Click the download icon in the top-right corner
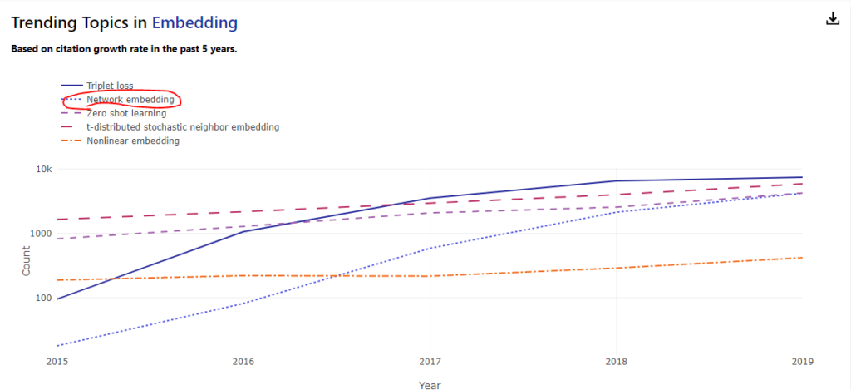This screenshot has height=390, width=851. (x=833, y=19)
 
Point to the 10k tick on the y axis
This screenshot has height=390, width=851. (x=42, y=170)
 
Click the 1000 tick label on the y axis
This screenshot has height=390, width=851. (x=40, y=234)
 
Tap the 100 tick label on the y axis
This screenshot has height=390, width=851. (x=42, y=298)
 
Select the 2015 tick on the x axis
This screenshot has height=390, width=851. (x=57, y=361)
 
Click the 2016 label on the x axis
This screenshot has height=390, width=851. (x=243, y=361)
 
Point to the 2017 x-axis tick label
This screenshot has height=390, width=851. (x=430, y=361)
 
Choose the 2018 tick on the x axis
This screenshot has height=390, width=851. (x=616, y=361)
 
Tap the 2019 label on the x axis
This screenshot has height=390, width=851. (x=802, y=361)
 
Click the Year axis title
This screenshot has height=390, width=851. (x=430, y=384)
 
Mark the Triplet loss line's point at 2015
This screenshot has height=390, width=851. (x=57, y=299)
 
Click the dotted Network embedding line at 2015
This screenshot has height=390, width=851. (x=57, y=345)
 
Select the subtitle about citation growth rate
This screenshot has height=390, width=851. (x=124, y=48)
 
